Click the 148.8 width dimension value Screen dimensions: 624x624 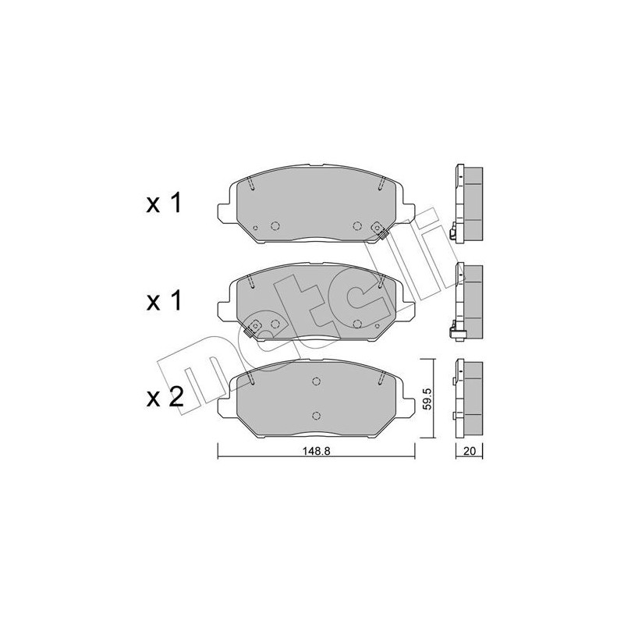[317, 452]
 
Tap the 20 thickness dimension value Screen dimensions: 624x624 [470, 452]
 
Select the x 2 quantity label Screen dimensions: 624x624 [165, 397]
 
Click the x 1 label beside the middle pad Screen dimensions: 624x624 [164, 300]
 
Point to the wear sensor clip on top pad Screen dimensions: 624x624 [378, 229]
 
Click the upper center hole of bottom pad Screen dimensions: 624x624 [317, 381]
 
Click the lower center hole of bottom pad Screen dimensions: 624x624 [317, 416]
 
